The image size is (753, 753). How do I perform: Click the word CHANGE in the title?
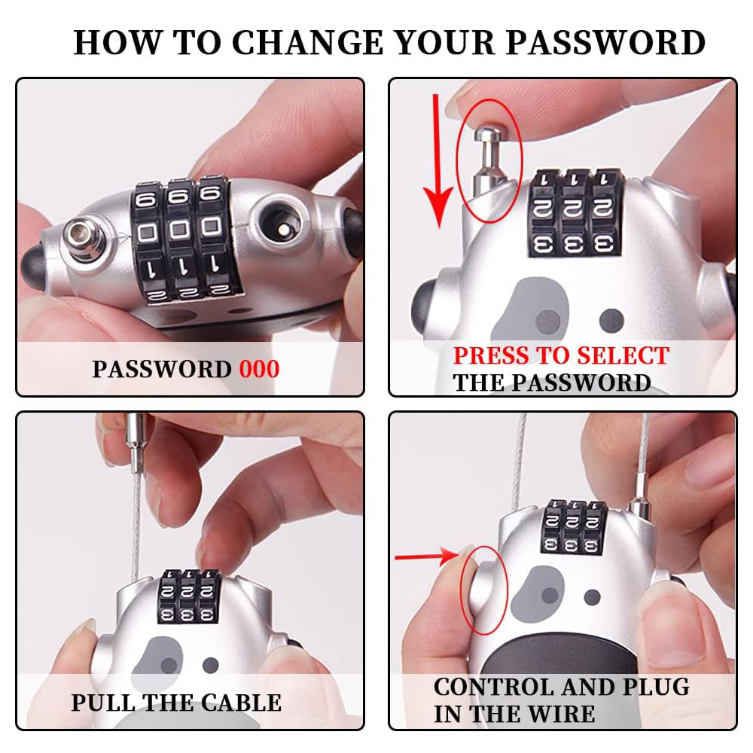307,43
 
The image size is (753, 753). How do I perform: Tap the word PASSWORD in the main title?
605,43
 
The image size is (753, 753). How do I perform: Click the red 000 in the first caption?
259,369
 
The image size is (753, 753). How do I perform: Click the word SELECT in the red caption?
623,356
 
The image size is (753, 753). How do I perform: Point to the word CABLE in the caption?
241,703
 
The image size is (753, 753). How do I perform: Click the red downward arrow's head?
438,206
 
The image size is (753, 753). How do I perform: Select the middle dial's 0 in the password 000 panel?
179,230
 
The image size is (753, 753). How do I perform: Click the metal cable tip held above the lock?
136,443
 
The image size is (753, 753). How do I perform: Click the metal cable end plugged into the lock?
641,495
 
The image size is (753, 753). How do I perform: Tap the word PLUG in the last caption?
656,687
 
